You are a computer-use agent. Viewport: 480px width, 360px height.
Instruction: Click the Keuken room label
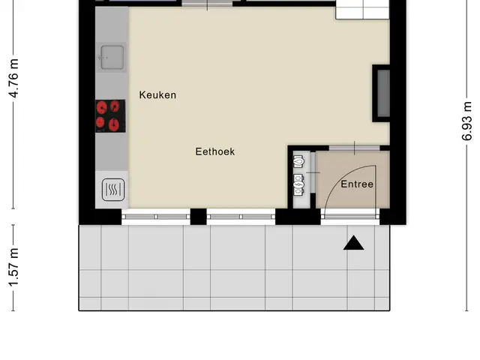coord(157,95)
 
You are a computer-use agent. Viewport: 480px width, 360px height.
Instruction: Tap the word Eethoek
coord(215,151)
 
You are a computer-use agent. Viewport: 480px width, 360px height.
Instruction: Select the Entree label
coord(357,184)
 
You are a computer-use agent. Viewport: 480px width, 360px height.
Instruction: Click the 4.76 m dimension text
coord(14,78)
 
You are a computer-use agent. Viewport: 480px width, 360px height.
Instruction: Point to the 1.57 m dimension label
coord(14,268)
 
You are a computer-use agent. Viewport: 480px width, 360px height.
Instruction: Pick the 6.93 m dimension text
coord(466,121)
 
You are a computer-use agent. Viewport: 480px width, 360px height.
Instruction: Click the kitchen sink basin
coord(112,57)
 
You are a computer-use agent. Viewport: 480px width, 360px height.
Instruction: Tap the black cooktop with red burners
coord(110,116)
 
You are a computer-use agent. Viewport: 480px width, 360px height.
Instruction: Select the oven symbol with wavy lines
coord(113,190)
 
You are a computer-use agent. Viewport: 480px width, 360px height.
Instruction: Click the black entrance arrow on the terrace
coord(353,243)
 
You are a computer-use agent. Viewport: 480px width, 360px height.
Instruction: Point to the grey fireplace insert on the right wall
coord(383,93)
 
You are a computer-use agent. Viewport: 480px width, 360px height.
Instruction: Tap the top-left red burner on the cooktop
coord(102,108)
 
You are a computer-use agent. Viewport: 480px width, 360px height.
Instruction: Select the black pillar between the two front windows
coord(198,217)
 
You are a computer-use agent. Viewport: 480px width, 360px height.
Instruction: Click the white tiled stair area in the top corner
coord(362,10)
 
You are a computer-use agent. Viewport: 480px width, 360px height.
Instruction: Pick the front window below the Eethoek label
coord(241,217)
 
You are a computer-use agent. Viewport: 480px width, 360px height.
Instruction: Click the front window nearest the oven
coord(156,217)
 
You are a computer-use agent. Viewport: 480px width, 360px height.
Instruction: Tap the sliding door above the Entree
coord(355,148)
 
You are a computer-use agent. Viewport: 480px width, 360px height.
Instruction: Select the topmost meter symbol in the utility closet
coord(298,161)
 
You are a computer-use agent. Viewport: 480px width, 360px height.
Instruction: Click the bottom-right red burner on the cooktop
coord(113,124)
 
